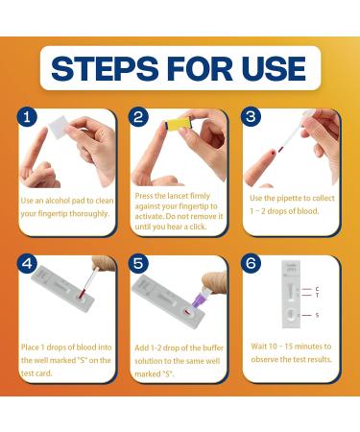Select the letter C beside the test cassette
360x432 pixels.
coord(317,289)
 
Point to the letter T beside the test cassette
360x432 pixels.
coord(317,296)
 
